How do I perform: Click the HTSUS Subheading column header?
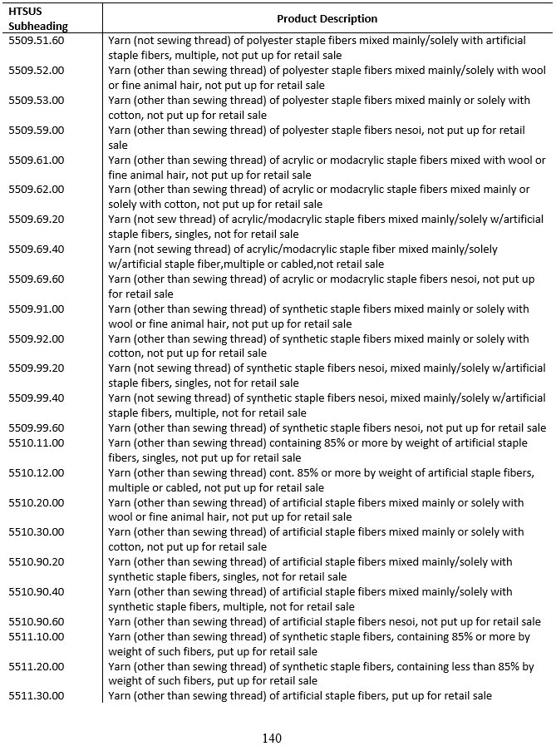[x=38, y=18]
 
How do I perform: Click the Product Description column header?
[x=327, y=18]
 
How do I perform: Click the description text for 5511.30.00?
[x=299, y=695]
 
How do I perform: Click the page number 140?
[x=272, y=738]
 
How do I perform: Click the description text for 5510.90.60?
[x=324, y=621]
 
